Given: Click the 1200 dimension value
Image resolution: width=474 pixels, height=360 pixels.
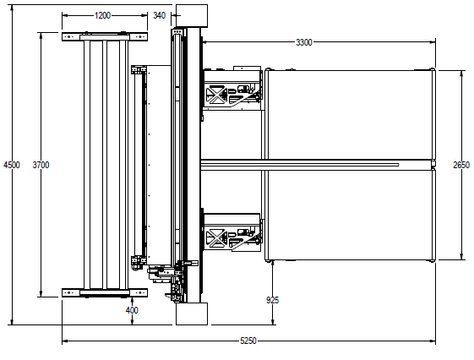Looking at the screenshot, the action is point(103,15).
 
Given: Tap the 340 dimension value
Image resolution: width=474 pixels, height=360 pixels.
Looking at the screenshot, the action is point(160,15).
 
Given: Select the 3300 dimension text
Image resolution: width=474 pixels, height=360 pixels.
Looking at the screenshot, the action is point(304,42).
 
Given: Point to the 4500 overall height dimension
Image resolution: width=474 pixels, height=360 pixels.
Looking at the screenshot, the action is point(12,165).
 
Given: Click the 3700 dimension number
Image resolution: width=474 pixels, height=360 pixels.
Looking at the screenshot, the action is point(41,165).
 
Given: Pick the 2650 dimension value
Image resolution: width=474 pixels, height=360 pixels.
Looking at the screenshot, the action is point(461,165).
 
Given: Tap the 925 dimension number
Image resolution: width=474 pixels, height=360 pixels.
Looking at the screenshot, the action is point(272,300).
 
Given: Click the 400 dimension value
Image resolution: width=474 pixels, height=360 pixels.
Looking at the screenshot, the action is point(132,310).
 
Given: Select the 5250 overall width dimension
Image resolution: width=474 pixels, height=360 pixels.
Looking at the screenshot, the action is point(248,341).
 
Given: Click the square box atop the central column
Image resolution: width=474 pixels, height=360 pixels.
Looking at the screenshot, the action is point(192,16).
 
